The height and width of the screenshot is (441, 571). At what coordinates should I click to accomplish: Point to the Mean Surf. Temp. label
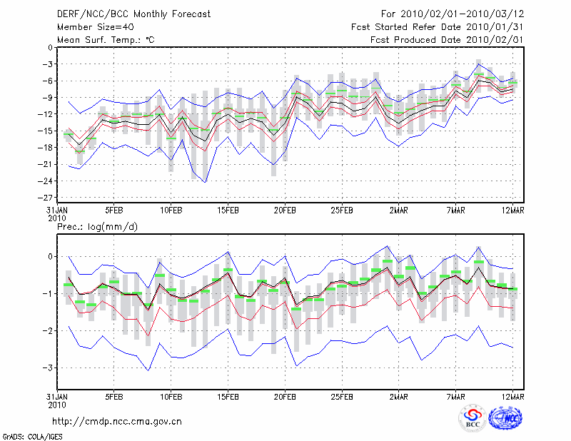click(x=106, y=40)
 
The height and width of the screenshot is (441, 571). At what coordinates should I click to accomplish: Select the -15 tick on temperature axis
click(x=45, y=131)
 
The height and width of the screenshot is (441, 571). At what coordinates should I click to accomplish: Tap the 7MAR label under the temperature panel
click(x=456, y=211)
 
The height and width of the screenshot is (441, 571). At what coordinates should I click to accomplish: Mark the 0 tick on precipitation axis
click(x=49, y=256)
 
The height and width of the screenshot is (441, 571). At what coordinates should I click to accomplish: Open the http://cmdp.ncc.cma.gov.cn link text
click(x=117, y=421)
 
